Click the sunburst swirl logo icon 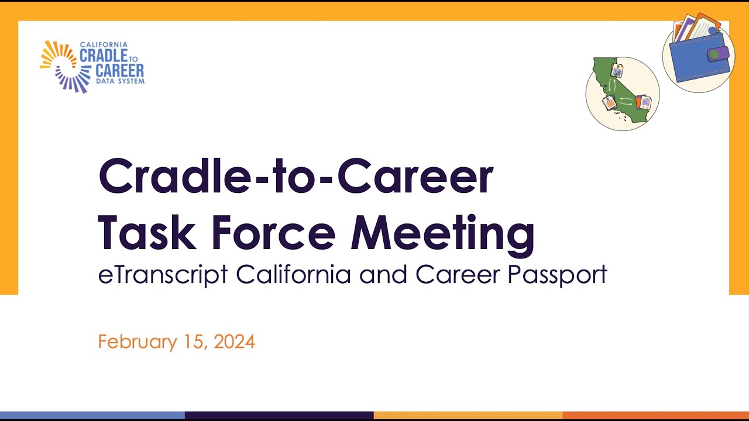(59, 66)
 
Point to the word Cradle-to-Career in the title (296, 176)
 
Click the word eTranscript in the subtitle (163, 275)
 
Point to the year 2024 (234, 341)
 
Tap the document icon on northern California (616, 71)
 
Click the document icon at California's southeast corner (644, 102)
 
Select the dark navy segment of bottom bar (279, 415)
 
